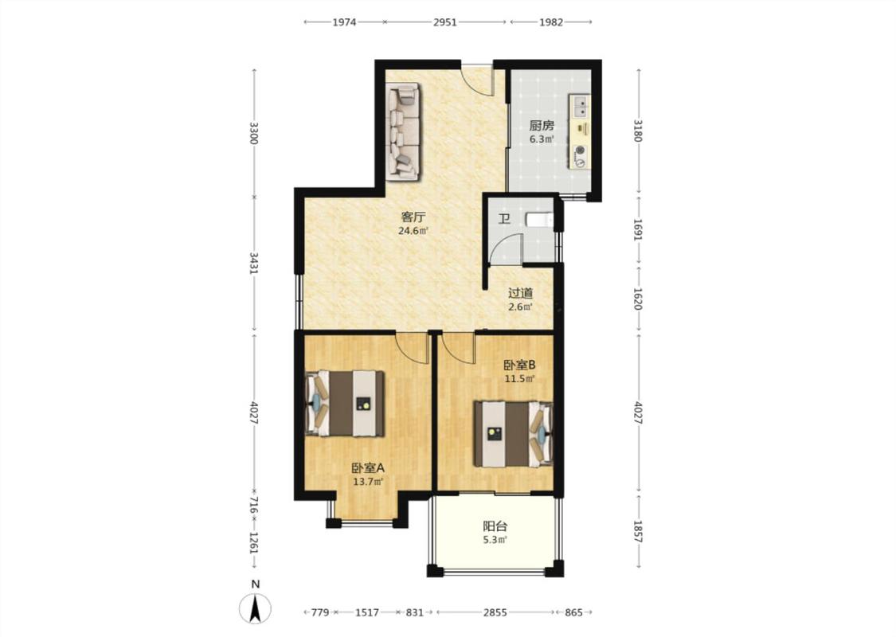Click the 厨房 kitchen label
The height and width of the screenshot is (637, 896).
click(x=541, y=126)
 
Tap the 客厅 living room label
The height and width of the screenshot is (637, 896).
click(x=413, y=217)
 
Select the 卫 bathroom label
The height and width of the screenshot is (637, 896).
click(x=503, y=219)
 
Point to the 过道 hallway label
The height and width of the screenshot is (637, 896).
click(x=521, y=294)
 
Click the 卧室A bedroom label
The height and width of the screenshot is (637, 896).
click(x=368, y=468)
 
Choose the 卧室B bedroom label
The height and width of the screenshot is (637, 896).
click(x=519, y=365)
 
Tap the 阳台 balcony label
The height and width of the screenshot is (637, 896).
click(x=495, y=527)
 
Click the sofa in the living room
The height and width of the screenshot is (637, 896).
click(x=403, y=132)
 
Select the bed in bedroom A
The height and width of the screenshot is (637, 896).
click(x=345, y=404)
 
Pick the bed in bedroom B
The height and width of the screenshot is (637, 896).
click(x=513, y=434)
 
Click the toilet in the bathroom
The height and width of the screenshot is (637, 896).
click(x=539, y=220)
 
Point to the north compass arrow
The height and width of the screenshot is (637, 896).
click(x=256, y=609)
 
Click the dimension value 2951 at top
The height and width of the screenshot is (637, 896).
click(x=445, y=22)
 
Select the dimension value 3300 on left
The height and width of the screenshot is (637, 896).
click(x=254, y=132)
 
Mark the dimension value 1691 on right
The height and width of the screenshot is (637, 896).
click(x=638, y=229)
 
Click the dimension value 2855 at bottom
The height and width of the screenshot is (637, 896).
click(x=495, y=612)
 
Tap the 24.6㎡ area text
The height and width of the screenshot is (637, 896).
click(x=413, y=232)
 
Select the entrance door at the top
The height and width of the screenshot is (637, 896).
click(x=478, y=79)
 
